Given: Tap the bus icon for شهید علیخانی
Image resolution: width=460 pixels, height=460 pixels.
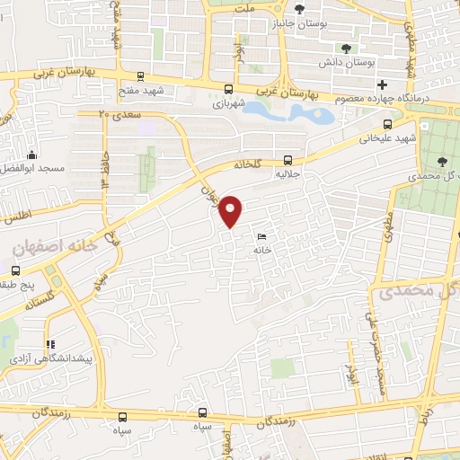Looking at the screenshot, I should click(386, 125).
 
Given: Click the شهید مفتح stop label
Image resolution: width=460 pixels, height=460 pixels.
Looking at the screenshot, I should click(140, 91).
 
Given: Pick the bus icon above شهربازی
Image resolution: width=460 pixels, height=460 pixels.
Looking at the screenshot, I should click(228, 90).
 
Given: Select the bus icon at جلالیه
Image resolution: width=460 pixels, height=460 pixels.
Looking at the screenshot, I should click(287, 155).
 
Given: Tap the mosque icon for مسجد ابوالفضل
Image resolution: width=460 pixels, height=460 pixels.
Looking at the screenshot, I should click(32, 155).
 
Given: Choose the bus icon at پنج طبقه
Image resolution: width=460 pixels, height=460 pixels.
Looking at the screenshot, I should click(16, 270).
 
